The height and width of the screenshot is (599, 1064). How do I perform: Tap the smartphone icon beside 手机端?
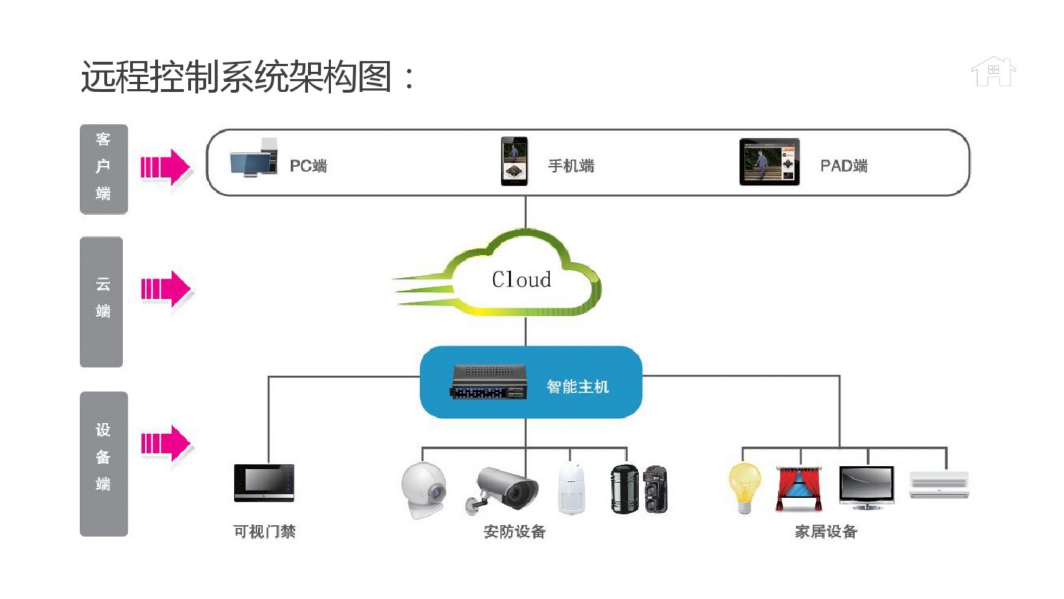(x=514, y=161)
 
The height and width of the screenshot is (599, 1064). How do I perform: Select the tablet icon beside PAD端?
(x=769, y=162)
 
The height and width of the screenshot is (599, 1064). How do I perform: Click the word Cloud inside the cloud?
(x=521, y=280)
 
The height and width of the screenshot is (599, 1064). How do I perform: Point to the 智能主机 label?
(x=577, y=387)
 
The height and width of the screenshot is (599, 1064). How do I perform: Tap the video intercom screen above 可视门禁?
(x=264, y=483)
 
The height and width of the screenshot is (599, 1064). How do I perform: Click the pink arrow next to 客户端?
(x=165, y=167)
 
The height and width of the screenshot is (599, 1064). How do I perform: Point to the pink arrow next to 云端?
(x=165, y=288)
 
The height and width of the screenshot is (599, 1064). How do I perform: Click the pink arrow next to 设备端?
(x=165, y=443)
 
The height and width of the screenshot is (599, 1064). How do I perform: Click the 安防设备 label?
(x=514, y=532)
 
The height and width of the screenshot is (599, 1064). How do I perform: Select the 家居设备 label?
(x=826, y=532)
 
